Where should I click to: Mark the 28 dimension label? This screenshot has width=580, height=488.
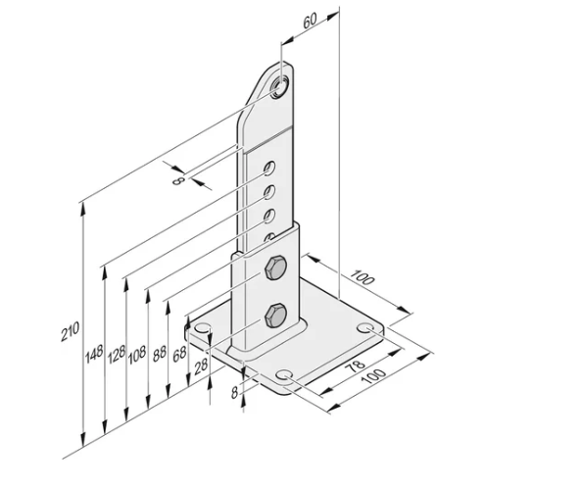[x=200, y=365]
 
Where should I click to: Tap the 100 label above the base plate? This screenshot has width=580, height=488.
[x=363, y=278]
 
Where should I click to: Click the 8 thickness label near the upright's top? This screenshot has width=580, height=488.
[x=178, y=179]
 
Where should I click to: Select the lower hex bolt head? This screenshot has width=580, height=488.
[x=274, y=316]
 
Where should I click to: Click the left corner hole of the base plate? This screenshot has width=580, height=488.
[x=204, y=327]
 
